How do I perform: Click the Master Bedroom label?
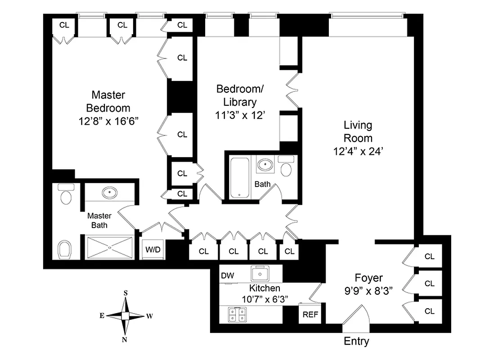click(x=108, y=102)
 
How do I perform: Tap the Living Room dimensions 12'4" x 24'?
click(x=358, y=152)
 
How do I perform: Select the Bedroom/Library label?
click(x=236, y=95)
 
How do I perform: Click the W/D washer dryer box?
click(x=151, y=249)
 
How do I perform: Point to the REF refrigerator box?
click(x=310, y=315)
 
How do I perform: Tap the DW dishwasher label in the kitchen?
click(x=227, y=275)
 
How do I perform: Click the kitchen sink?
click(x=260, y=273)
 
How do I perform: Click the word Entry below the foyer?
click(x=356, y=341)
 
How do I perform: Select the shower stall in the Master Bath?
click(x=110, y=247)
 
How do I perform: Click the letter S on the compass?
click(x=126, y=293)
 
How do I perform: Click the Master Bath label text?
click(x=99, y=220)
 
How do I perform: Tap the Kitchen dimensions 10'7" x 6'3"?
click(x=265, y=298)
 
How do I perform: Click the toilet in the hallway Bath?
click(x=286, y=167)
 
